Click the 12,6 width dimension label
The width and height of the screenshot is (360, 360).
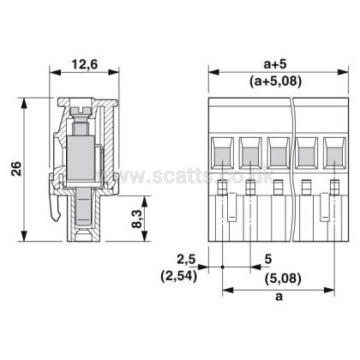[x=84, y=64]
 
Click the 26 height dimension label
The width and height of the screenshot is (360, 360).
[x=16, y=168]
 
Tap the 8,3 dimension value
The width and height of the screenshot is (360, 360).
[x=137, y=219]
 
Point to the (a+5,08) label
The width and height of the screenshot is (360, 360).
[x=275, y=82]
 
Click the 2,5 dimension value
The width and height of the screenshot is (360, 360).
[x=186, y=260]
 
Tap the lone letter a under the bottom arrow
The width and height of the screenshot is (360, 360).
[x=279, y=297]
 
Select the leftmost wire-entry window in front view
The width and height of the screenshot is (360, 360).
[x=222, y=153]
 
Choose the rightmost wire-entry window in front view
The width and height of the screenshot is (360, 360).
[x=335, y=153]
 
